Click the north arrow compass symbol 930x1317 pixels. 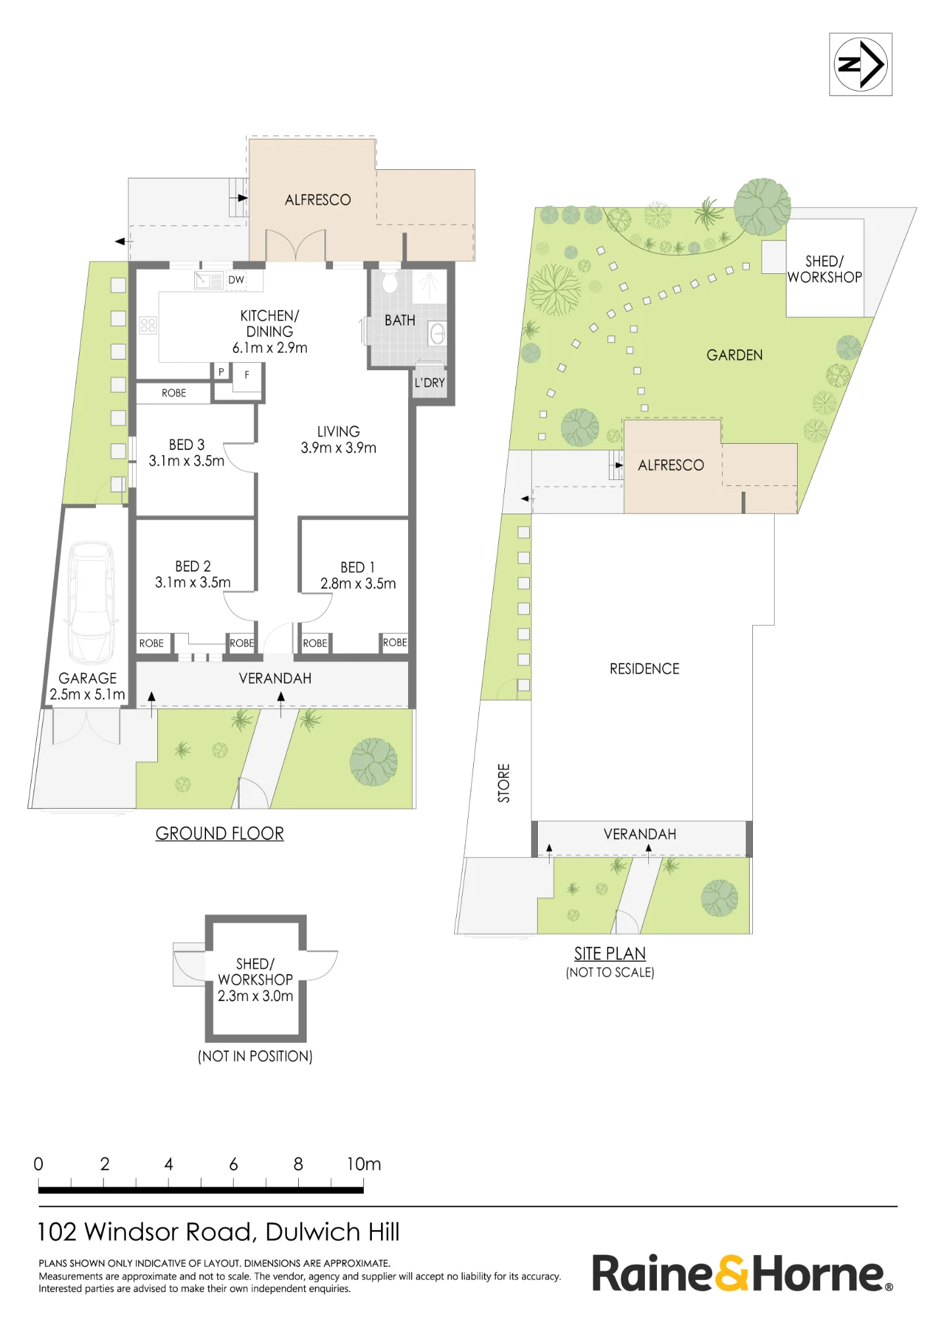860,65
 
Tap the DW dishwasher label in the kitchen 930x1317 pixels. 236,280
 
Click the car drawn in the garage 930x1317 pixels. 91,602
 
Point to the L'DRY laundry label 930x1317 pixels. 430,383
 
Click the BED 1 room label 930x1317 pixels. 357,568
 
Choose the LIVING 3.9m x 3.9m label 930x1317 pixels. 338,439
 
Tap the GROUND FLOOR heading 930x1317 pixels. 220,834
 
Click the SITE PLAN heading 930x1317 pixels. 610,954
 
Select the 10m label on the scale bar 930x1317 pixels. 364,1164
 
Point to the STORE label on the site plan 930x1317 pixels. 504,783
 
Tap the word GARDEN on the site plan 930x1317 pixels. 735,356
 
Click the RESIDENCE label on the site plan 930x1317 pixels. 644,669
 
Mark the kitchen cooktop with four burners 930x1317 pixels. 148,325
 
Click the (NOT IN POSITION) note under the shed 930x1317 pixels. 255,1056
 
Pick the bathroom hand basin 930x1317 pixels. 437,335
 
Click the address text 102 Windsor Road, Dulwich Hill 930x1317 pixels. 219,1232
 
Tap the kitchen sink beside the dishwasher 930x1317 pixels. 209,281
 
